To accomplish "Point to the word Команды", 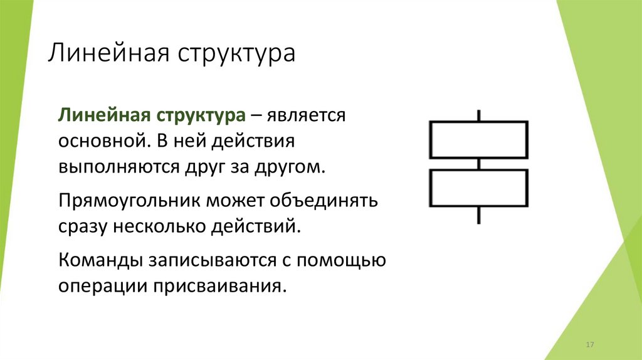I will [x=99, y=259].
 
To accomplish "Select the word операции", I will [x=101, y=285].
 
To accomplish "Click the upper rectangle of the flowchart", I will [x=478, y=139].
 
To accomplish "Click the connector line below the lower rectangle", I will [x=479, y=215].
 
